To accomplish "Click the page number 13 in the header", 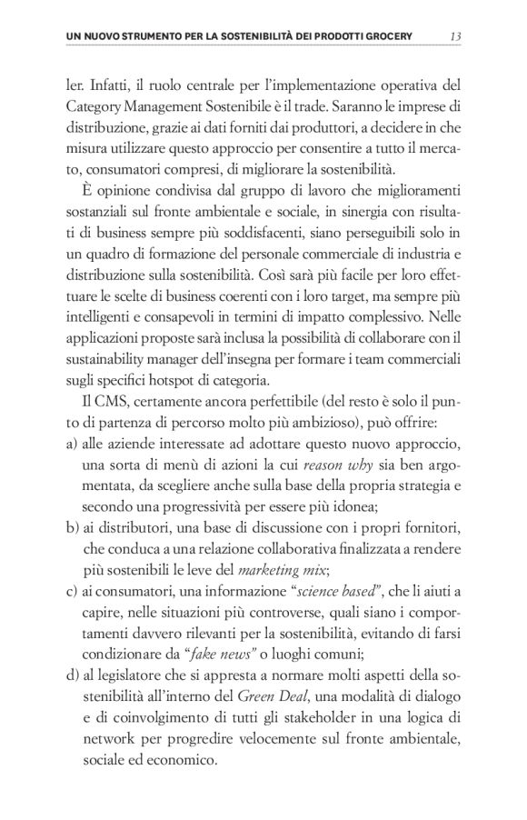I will [456, 36].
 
